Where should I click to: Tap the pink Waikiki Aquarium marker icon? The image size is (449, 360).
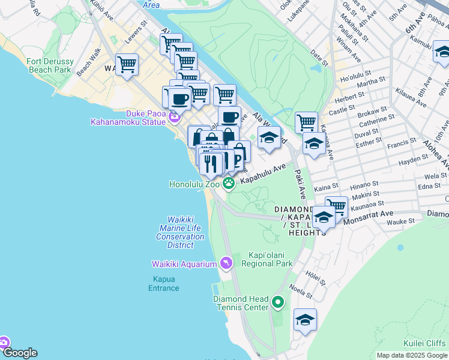pos(226,263)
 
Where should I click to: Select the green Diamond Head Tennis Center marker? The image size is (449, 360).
pos(277,302)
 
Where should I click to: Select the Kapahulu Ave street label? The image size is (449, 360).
pos(262,175)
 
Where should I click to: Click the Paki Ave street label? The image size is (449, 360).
pos(300,185)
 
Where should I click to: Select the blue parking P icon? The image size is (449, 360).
pos(238,159)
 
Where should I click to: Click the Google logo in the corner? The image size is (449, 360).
pos(20,353)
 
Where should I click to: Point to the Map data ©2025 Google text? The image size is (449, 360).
pos(411,355)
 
